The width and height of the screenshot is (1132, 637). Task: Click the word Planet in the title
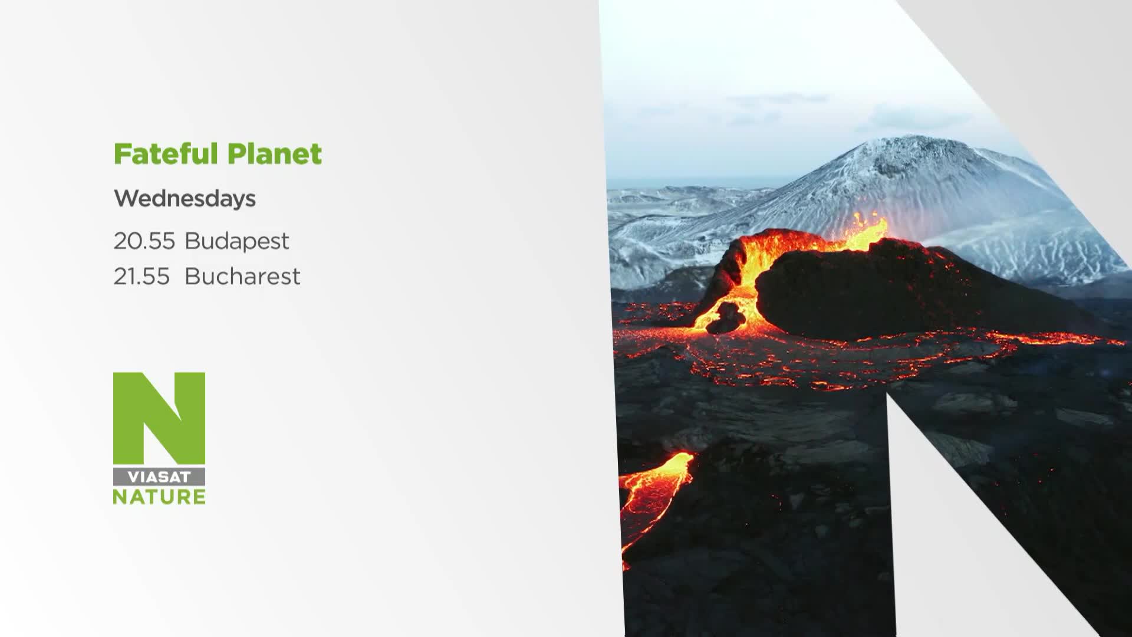point(274,154)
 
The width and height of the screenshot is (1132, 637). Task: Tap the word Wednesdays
point(185,199)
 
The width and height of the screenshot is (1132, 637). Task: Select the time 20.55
point(144,241)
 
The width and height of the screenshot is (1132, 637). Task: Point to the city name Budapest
point(237,241)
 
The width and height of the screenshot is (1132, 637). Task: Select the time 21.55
point(141,276)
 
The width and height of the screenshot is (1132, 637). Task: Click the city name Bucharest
point(242,276)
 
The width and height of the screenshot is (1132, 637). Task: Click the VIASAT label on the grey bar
point(159,477)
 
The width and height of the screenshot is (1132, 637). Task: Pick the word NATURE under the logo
point(159,497)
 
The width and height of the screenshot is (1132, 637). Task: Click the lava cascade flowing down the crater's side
point(743,277)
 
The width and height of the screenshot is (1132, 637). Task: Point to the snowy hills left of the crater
point(660,236)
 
